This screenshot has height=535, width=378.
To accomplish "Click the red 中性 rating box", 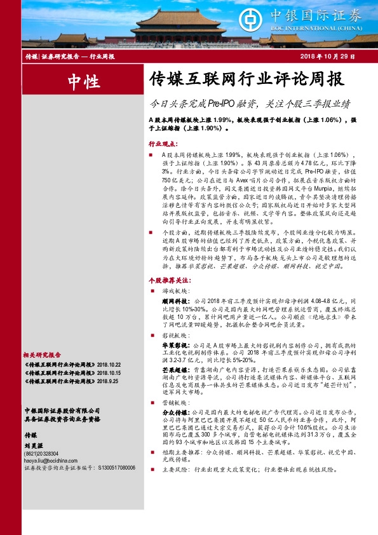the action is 83,82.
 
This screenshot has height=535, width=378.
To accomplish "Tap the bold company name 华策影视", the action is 173,343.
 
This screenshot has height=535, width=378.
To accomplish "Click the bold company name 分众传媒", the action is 173,411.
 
